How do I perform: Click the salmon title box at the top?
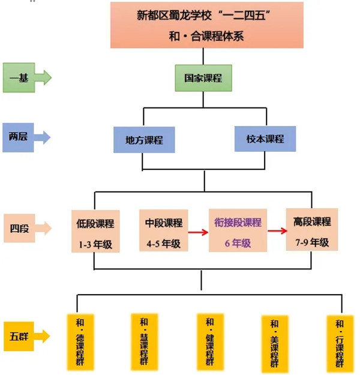[206, 25]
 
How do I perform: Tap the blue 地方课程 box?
[144, 140]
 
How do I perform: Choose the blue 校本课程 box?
[265, 139]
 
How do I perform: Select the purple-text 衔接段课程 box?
[238, 230]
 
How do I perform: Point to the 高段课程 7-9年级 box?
[312, 229]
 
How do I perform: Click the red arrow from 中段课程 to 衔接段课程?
[199, 230]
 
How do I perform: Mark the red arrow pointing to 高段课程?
[275, 230]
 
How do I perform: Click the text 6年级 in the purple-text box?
[238, 244]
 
